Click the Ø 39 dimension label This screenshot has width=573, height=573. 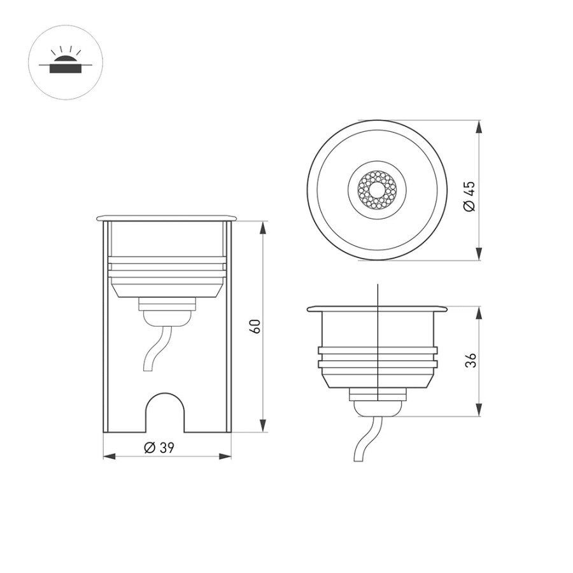159,448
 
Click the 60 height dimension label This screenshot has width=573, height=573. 256,326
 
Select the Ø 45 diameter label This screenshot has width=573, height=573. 469,196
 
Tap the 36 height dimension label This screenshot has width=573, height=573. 471,360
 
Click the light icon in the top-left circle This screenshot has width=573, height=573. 66,60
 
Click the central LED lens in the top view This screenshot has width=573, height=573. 377,190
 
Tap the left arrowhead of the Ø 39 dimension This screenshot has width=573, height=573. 110,456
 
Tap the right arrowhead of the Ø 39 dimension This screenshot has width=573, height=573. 225,456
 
